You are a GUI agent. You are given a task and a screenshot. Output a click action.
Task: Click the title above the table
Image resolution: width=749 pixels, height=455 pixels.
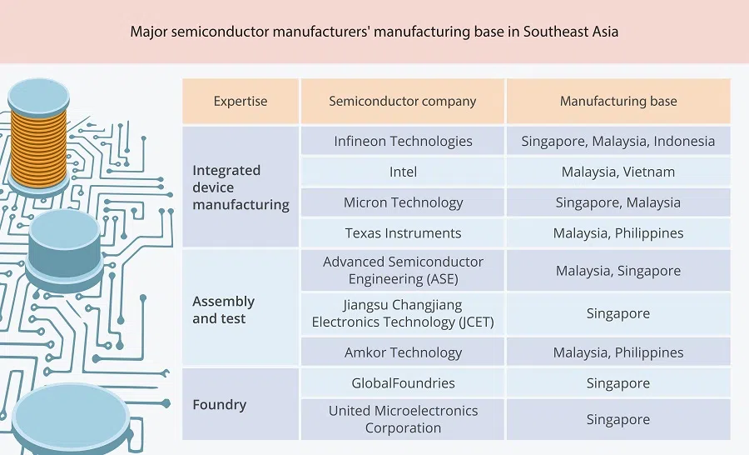pos(374,32)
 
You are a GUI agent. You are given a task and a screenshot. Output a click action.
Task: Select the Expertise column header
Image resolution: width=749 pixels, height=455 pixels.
pos(241,102)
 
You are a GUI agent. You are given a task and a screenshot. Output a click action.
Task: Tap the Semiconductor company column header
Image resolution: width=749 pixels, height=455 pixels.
pos(403,102)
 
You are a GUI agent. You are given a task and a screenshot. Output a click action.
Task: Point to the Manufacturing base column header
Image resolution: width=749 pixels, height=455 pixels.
pos(618,102)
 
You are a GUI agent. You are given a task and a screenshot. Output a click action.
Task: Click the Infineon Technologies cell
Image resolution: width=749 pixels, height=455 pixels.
pos(403,141)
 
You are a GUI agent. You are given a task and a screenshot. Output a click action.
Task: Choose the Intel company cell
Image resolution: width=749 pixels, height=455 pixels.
pos(403,172)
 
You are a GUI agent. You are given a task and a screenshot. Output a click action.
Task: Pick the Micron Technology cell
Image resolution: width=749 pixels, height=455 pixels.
pos(403,202)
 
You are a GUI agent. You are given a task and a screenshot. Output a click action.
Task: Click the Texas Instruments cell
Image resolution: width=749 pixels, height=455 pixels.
pos(403,233)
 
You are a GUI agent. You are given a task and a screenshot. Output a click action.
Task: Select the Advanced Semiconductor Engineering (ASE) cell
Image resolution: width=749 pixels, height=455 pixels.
pos(403,270)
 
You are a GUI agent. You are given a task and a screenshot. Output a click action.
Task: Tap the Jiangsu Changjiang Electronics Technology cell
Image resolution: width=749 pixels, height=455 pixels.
pos(403,313)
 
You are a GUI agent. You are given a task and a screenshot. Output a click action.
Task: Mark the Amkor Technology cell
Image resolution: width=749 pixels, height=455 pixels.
pos(403,352)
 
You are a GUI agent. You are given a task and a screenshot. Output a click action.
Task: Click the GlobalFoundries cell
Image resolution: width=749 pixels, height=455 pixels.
pos(403,383)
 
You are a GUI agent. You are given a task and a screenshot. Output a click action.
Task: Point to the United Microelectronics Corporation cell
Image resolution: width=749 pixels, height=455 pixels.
pos(403,419)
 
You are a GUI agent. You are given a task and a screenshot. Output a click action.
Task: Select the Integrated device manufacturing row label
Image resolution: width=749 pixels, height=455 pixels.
pos(241,187)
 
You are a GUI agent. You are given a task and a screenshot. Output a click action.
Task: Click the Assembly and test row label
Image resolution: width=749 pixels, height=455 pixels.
pos(224,309)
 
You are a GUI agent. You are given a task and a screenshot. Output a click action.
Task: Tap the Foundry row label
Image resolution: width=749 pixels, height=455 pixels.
pos(220,405)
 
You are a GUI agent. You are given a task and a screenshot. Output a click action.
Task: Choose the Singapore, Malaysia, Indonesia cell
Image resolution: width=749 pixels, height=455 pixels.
pos(618,141)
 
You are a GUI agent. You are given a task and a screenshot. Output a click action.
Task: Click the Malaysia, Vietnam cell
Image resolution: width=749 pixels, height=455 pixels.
pos(618,172)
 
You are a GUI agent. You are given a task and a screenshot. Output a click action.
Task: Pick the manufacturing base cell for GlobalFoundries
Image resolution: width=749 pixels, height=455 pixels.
pos(618,383)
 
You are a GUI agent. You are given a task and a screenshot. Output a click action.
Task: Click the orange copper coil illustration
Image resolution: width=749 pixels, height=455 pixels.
pos(38,142)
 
